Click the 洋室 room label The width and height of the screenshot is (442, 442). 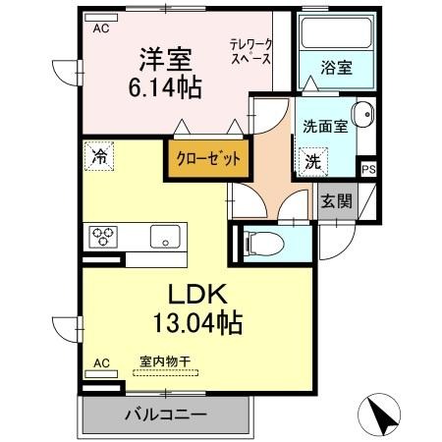(x=165, y=60)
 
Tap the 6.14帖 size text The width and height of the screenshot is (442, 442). (x=165, y=87)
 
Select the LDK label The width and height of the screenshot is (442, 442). (x=197, y=294)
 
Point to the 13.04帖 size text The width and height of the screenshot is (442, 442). (x=197, y=322)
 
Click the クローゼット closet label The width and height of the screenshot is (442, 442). (x=208, y=158)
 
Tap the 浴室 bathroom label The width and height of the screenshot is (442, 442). (x=336, y=68)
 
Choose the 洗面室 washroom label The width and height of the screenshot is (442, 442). (x=325, y=126)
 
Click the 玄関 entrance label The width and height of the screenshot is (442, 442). (x=337, y=200)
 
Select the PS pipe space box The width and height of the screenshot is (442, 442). (x=368, y=170)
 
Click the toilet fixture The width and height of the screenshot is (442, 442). (x=262, y=244)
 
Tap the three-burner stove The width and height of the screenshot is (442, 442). (x=103, y=237)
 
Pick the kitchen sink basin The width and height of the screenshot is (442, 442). (x=165, y=237)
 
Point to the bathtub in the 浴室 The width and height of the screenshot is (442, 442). (x=336, y=32)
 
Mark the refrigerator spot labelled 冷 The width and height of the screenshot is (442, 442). (x=99, y=156)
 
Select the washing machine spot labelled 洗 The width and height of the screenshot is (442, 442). (x=312, y=162)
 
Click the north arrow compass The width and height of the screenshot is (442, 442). (x=379, y=414)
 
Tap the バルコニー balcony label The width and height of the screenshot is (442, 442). (x=166, y=415)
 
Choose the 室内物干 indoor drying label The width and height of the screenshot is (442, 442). (x=165, y=361)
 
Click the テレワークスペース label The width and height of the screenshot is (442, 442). (x=250, y=52)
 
